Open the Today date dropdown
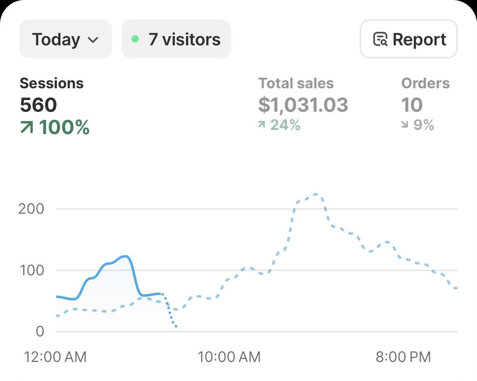tap(66, 39)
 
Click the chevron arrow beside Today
tap(93, 40)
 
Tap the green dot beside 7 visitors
tap(135, 39)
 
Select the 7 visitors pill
tap(176, 39)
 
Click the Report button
tap(409, 39)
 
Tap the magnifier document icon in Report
tap(380, 39)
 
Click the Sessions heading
tap(52, 83)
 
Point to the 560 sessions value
tap(38, 105)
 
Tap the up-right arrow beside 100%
tap(26, 127)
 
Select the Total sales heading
tap(296, 83)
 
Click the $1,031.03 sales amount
tap(303, 105)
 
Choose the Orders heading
tap(425, 83)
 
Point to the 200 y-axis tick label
tap(31, 209)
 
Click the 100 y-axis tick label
tap(32, 270)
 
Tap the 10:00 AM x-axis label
tap(229, 357)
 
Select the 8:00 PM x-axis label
tap(403, 357)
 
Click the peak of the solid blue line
tap(126, 256)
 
